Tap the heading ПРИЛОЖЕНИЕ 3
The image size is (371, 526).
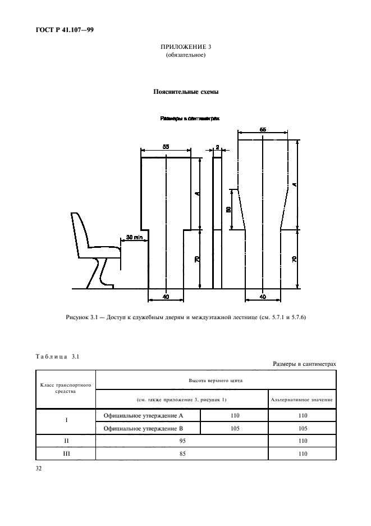click(185, 47)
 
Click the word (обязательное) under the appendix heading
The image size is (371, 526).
click(185, 55)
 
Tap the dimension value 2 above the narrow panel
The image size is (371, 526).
click(217, 147)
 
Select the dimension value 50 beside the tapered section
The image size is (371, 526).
click(229, 209)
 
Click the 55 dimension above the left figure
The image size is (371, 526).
click(166, 147)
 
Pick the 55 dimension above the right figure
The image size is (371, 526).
click(263, 130)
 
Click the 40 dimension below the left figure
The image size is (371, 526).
click(166, 296)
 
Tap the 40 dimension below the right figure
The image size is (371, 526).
click(263, 296)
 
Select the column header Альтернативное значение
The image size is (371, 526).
click(302, 400)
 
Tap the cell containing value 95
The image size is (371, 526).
click(182, 441)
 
